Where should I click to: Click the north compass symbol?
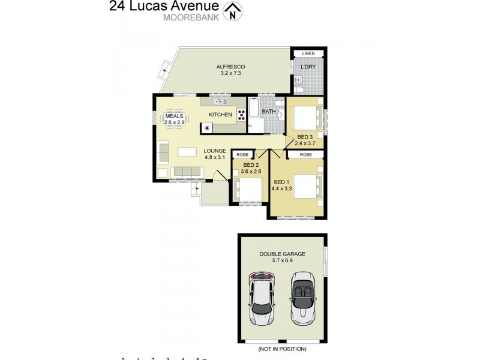232,11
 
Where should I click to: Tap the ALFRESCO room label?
231,67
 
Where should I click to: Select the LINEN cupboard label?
308,54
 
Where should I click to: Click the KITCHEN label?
220,115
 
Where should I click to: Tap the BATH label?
269,112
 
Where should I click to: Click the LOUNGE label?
214,151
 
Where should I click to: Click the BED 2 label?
251,165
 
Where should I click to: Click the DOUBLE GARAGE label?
282,254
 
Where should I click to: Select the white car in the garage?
262,301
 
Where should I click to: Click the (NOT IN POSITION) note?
282,349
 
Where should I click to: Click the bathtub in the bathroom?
253,109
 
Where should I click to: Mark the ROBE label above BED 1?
305,154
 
